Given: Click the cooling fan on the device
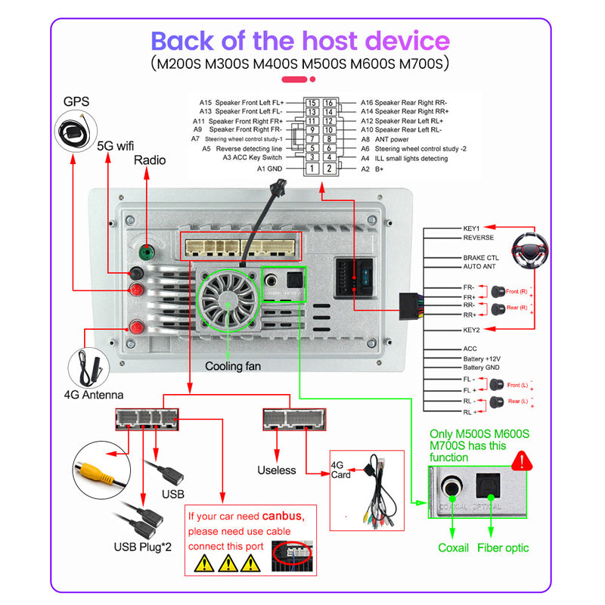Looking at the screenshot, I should [228, 299].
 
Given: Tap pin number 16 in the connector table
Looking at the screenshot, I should [329, 103].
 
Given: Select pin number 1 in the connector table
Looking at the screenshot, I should [311, 169].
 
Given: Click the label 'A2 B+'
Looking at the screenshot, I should [372, 169].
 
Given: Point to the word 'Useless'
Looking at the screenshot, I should [276, 470].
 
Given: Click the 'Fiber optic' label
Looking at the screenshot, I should [503, 548].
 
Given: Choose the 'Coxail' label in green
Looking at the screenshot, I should [454, 548].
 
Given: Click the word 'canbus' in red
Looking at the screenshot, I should [281, 517].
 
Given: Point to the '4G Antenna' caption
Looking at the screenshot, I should [94, 395].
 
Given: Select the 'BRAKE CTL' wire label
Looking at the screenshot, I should [481, 258].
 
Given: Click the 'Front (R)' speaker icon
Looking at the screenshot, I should [498, 290].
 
